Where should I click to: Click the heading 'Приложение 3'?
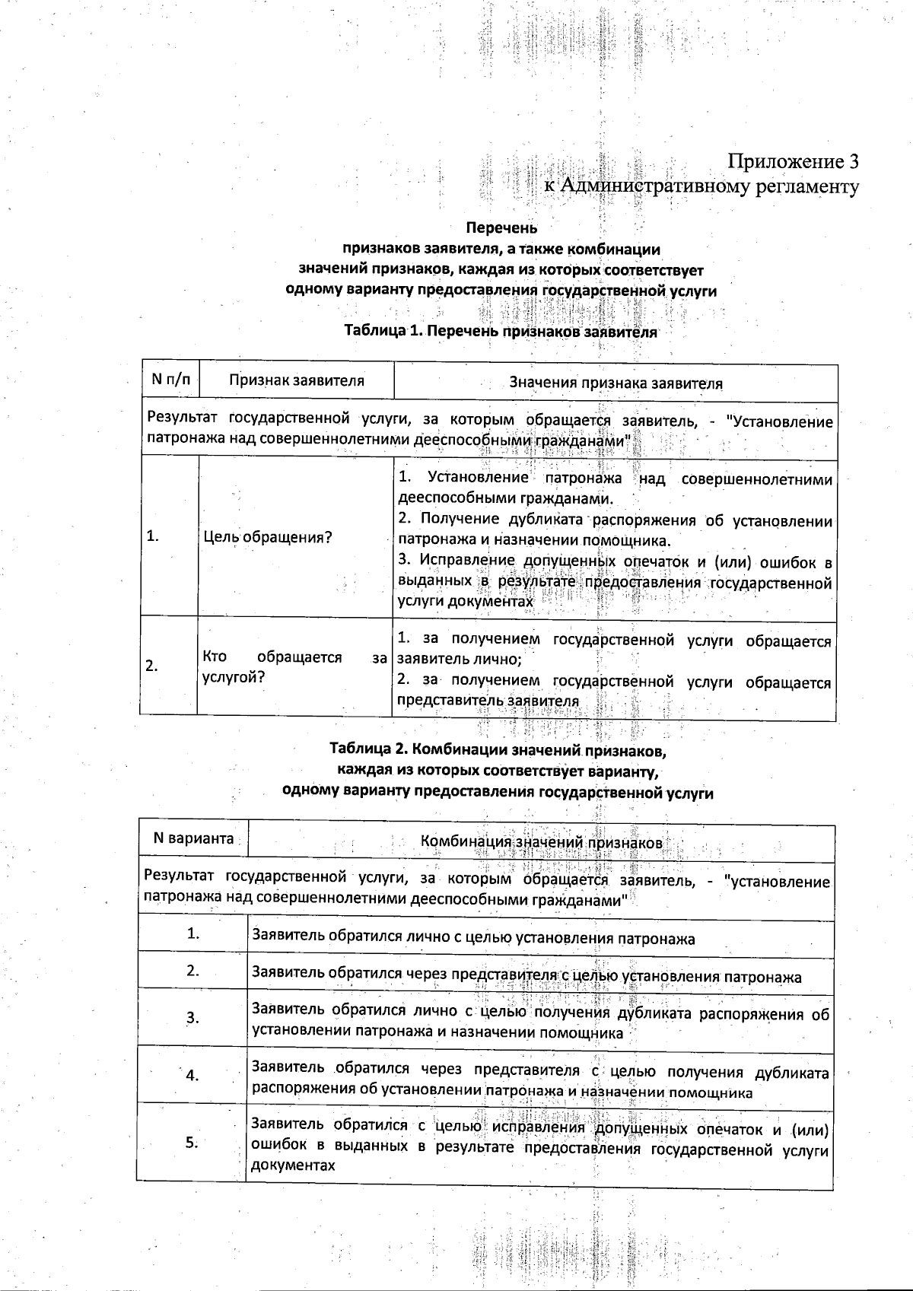(794, 161)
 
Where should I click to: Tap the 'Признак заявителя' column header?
(297, 380)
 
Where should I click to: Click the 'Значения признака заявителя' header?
(616, 383)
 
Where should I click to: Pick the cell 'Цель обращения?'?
(268, 538)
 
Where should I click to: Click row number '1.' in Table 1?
(153, 536)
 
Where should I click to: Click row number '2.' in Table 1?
(152, 666)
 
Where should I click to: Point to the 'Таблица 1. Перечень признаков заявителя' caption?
(500, 332)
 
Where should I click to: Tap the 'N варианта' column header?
(193, 838)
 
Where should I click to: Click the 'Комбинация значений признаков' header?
(541, 843)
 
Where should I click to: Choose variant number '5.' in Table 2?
(192, 1142)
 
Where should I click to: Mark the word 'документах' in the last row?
(293, 1165)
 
